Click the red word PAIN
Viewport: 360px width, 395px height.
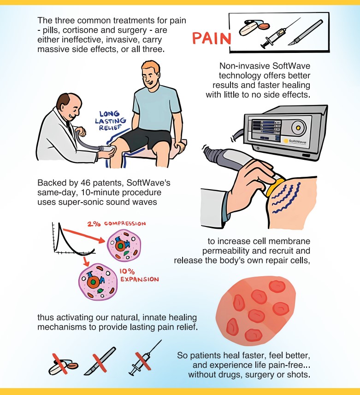pos(212,38)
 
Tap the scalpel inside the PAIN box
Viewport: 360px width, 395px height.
pos(306,33)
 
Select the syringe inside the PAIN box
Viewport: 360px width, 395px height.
pos(281,33)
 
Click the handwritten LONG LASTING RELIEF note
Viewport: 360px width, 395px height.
pos(110,121)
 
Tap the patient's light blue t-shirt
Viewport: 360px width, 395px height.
pos(156,108)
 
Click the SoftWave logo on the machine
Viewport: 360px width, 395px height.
pos(295,141)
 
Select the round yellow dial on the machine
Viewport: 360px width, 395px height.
pos(299,128)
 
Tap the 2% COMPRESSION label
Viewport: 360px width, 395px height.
pos(117,224)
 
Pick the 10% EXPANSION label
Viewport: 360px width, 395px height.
pos(139,275)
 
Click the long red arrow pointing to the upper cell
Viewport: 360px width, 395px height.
pos(84,236)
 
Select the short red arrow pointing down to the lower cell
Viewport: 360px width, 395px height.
pos(86,261)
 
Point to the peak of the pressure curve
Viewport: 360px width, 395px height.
pos(59,223)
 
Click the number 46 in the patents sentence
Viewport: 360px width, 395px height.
pos(86,183)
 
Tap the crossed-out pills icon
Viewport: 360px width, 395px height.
pos(63,364)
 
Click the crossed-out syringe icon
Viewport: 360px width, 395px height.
pos(145,358)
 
